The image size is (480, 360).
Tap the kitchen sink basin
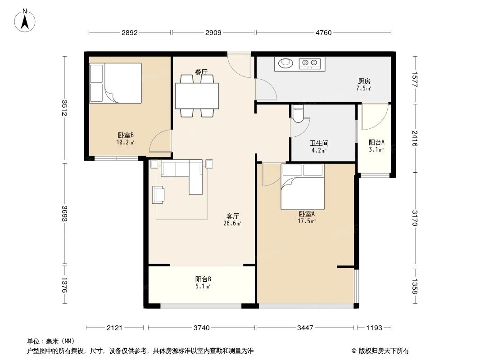(285, 63)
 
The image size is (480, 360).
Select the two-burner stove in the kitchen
(309, 63)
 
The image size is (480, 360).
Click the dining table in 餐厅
(197, 96)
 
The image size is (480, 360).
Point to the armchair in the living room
(158, 195)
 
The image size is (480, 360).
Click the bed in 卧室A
(303, 187)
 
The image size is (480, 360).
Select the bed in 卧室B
(115, 83)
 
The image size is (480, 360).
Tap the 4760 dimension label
(324, 33)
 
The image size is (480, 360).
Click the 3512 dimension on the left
(64, 108)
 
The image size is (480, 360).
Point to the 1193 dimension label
(374, 328)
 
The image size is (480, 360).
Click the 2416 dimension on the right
(415, 138)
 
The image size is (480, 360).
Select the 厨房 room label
(364, 81)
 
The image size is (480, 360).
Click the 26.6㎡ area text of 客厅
(232, 223)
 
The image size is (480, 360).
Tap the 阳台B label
(203, 279)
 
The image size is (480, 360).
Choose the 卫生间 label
(319, 143)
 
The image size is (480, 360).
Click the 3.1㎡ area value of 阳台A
(376, 149)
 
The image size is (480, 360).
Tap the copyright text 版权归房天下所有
(384, 351)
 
